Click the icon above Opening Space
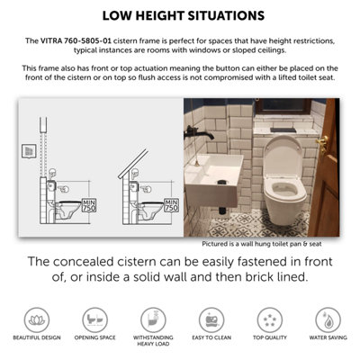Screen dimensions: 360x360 (x=92, y=318)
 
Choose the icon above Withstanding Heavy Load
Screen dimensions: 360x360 (x=151, y=318)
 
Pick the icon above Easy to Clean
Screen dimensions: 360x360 (x=209, y=318)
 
